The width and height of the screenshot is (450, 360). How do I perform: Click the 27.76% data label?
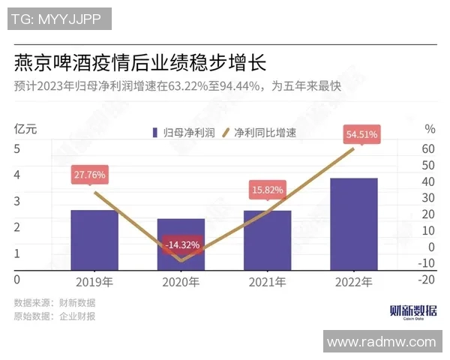tap(89, 175)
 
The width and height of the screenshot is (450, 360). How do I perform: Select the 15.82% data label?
tap(267, 190)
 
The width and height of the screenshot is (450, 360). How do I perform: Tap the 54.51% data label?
tap(361, 135)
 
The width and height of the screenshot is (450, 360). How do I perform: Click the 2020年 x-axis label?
tap(181, 283)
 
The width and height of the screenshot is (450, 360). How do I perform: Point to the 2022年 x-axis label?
tap(353, 283)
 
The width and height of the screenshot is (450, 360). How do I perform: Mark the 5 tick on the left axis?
tap(16, 148)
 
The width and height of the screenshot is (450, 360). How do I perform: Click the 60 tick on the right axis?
tap(428, 148)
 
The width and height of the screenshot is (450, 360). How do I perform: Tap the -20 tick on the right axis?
tap(427, 279)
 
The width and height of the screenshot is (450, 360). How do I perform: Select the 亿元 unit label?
tap(25, 128)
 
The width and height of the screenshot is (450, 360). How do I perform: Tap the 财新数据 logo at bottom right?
tap(413, 311)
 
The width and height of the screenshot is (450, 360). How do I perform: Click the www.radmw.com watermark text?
tap(381, 342)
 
